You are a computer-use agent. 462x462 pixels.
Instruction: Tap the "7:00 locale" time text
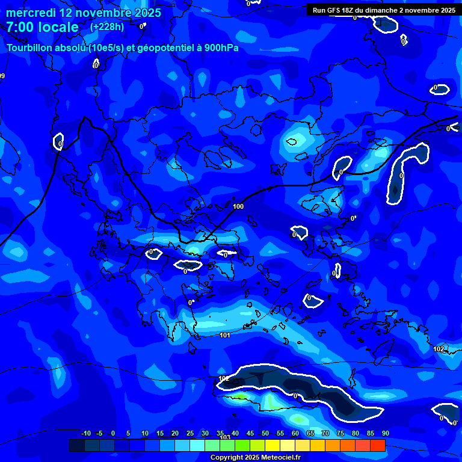[x=42, y=27]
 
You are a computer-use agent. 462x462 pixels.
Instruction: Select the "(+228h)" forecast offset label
[x=108, y=26]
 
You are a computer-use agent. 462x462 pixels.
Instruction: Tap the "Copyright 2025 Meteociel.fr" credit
[x=255, y=457]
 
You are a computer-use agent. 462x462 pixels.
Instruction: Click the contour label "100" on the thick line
[x=238, y=206]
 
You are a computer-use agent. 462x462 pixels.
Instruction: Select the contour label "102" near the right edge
[x=439, y=349]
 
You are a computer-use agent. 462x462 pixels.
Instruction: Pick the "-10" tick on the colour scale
[x=86, y=433]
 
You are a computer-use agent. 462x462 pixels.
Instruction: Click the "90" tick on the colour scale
[x=385, y=433]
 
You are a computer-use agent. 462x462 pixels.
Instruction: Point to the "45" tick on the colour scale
[x=250, y=433]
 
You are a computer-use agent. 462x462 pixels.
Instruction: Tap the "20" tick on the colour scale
[x=174, y=433]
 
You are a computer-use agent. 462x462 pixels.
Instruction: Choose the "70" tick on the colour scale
[x=325, y=433]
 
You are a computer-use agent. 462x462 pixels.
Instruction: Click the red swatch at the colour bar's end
[x=377, y=445]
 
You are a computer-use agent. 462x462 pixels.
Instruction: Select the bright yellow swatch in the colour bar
[x=272, y=445]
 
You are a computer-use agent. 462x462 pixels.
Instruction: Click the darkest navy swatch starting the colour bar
[x=77, y=445]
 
